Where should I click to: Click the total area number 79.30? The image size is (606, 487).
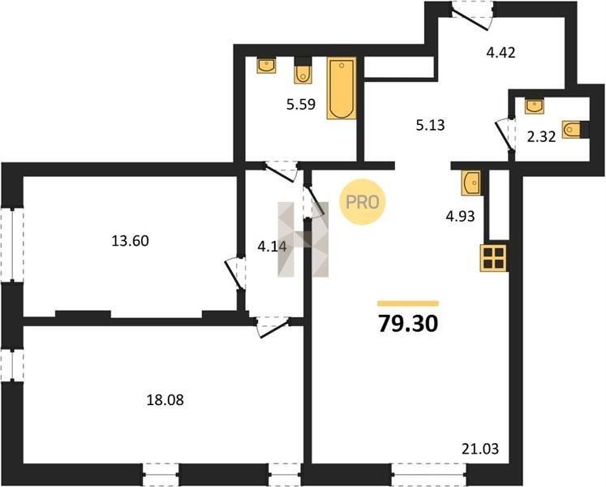tap(408, 323)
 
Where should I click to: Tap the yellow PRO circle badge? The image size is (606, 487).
tap(362, 202)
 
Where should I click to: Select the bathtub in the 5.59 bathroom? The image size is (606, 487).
tap(342, 88)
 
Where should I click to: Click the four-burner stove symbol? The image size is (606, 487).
tap(493, 257)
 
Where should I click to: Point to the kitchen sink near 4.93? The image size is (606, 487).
tap(471, 183)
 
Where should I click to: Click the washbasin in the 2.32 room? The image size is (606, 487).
tap(534, 106)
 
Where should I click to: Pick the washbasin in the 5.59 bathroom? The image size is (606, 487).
tap(266, 65)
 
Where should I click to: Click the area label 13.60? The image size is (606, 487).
tap(131, 241)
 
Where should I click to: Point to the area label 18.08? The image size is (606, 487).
tap(165, 400)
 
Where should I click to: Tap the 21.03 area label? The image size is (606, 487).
tap(480, 449)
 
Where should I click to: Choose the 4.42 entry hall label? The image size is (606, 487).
tap(501, 52)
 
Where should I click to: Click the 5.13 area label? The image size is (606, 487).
tap(430, 125)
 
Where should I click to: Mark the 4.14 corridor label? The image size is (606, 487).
tap(272, 247)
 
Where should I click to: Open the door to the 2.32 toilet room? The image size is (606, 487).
tap(506, 136)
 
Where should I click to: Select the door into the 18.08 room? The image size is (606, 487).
tap(273, 327)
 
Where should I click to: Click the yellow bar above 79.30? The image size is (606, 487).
tap(408, 304)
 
